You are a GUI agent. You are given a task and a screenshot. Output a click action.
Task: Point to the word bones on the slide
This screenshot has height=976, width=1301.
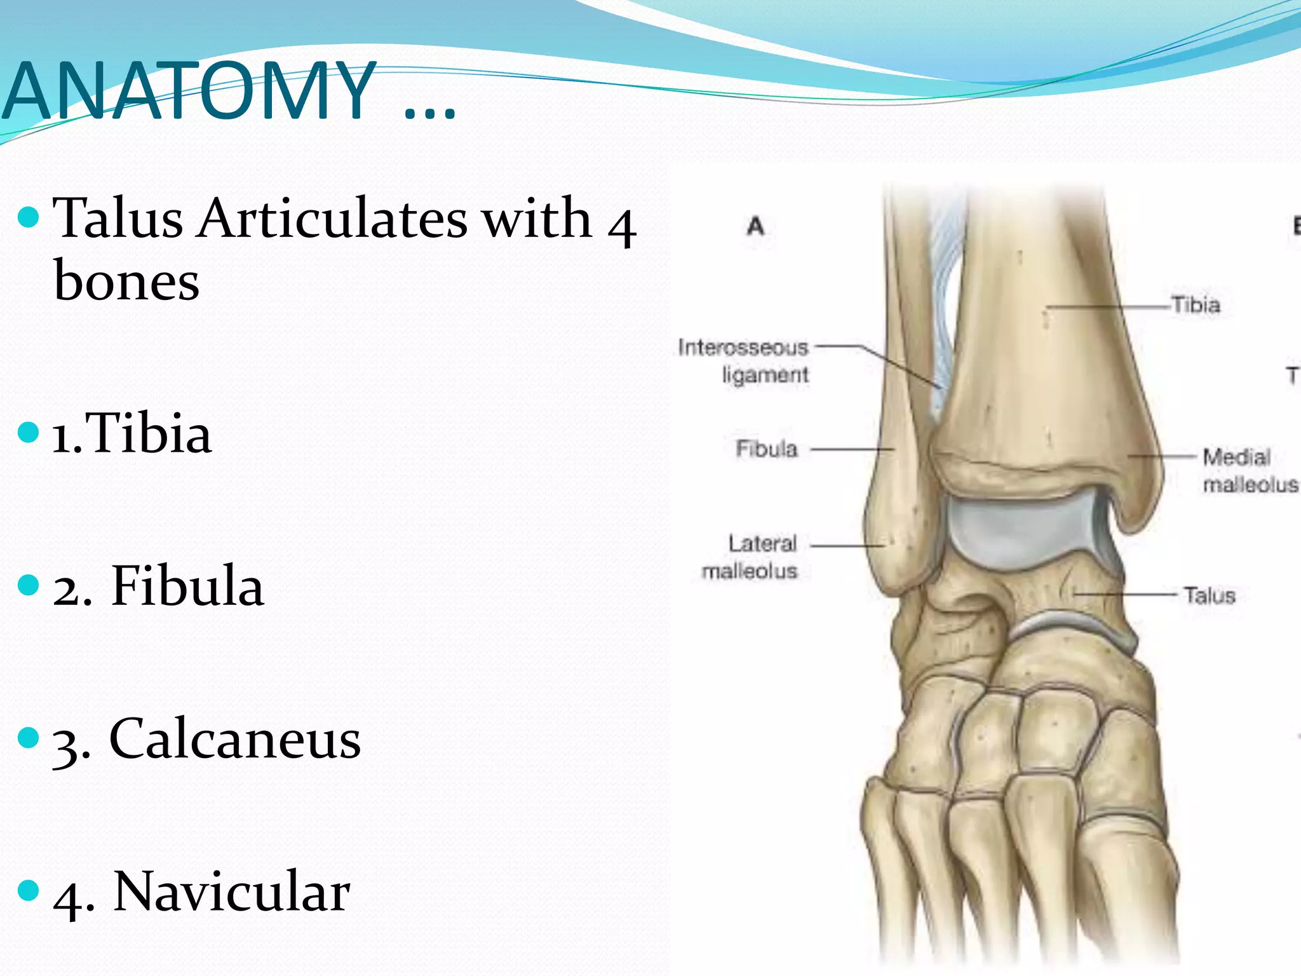tap(126, 281)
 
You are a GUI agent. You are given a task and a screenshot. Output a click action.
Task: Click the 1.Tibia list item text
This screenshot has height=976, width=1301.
tap(131, 434)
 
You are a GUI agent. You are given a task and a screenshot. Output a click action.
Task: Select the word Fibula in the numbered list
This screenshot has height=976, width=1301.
tap(187, 586)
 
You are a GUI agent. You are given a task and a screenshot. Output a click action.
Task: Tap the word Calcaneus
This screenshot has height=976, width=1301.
tap(235, 739)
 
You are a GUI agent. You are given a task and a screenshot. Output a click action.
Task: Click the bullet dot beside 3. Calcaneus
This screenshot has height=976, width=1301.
tap(29, 738)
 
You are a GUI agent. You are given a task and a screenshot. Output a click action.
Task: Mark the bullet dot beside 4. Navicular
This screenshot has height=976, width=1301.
tap(29, 890)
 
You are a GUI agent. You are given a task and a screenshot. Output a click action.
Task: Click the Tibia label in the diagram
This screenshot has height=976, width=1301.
tap(1196, 306)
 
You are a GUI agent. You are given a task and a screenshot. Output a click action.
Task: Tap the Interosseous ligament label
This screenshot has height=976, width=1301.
tap(744, 361)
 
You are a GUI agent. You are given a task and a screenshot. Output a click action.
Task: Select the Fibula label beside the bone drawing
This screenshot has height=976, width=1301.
tap(766, 449)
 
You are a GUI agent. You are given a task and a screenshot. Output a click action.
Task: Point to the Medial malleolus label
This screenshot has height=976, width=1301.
tap(1249, 471)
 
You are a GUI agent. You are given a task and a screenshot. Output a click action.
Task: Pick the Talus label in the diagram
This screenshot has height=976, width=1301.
tap(1209, 596)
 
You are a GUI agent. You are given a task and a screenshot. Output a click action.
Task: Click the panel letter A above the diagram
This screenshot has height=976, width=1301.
tap(755, 226)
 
